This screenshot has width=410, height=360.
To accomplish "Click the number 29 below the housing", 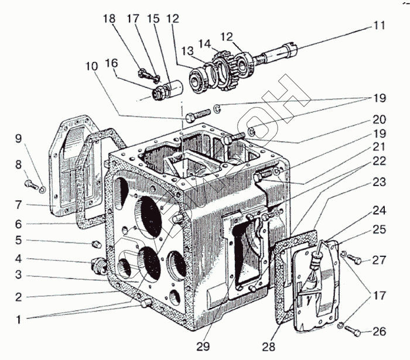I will click(203, 347).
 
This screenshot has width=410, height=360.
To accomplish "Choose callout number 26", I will click(379, 332).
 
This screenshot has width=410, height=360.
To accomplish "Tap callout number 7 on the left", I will click(18, 205).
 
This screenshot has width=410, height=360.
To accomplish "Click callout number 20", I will click(379, 119).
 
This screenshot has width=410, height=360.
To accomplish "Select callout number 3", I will click(18, 275).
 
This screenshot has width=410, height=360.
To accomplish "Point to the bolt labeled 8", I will click(30, 185).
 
